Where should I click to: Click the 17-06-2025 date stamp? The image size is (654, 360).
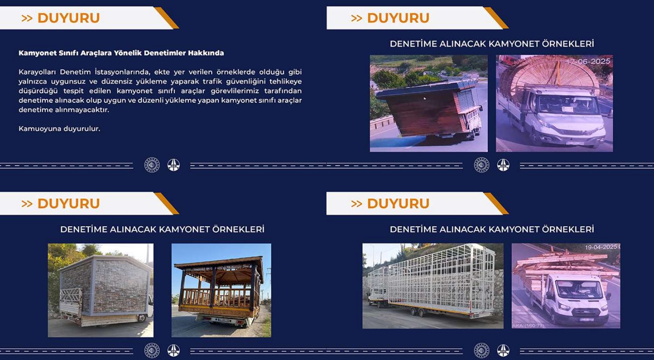coord(588,62)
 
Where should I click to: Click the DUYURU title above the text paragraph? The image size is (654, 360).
coord(69,18)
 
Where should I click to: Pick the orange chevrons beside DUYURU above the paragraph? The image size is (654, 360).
coord(27,18)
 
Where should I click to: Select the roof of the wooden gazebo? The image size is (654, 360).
coord(219,264)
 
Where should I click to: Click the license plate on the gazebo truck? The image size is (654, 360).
coord(223,320)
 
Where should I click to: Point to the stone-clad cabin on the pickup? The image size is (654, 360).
coord(106,284)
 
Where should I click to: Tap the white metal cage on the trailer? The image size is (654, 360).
coord(432,280)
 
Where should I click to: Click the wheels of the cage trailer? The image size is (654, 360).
coord(418,313)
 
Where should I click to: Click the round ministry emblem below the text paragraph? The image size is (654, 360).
coord(152,165)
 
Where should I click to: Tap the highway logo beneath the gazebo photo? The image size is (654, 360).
coord(174,351)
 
